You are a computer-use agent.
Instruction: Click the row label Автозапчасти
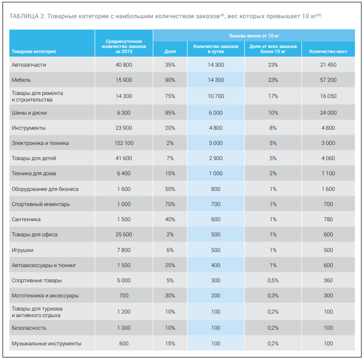tap(29, 65)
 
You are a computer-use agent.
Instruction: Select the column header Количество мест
tap(328, 51)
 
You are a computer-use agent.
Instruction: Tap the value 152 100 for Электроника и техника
tap(124, 143)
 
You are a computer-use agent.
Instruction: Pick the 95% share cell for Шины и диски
tap(170, 113)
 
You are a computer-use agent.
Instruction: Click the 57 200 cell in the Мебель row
tap(328, 80)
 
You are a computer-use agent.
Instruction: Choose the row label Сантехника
tap(26, 220)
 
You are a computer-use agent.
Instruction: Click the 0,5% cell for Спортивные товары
tap(273, 280)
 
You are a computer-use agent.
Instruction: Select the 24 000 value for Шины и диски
tap(328, 113)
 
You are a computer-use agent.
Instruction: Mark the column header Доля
tap(170, 51)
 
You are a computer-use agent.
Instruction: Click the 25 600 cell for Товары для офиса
tap(124, 235)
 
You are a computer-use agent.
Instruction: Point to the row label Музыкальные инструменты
tap(46, 344)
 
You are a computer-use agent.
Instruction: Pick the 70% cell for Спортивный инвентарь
tap(170, 204)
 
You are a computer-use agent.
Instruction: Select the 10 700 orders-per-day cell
tap(216, 96)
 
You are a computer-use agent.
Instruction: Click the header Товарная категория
tap(33, 51)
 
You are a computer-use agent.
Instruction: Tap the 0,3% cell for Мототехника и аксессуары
tap(273, 295)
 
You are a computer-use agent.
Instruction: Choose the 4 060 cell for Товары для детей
tap(328, 159)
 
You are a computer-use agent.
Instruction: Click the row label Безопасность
tap(29, 328)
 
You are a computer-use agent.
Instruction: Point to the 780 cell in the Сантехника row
tap(328, 220)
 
